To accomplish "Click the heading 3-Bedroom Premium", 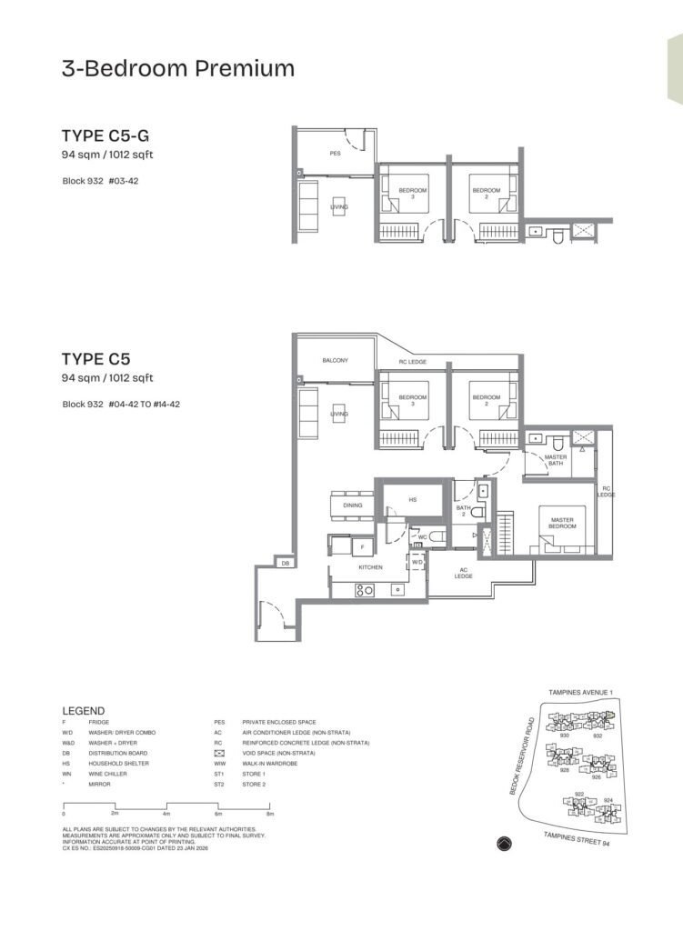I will click(178, 68).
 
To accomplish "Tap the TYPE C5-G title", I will click(105, 137).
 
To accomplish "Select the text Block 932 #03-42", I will click(100, 181).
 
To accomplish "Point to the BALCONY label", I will click(335, 361).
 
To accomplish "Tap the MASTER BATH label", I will click(555, 462).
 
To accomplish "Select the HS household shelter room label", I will click(412, 500).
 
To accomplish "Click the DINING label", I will click(353, 506).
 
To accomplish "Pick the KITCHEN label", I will click(369, 567).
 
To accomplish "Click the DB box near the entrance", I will click(285, 563).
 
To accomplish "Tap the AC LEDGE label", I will click(463, 574).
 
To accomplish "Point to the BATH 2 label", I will click(463, 512).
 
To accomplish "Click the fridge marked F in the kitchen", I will click(361, 547).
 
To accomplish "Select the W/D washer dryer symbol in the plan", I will click(417, 563).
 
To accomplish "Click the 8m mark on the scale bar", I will click(270, 815).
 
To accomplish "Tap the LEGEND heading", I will click(83, 710).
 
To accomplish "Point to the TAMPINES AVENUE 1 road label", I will click(580, 693).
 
